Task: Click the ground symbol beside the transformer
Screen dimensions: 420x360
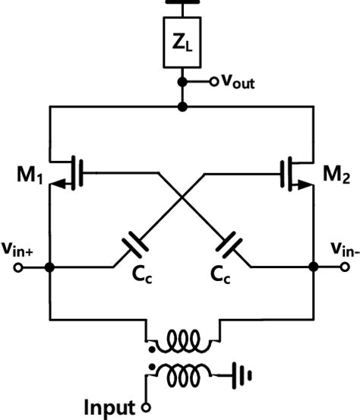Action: [x=243, y=374]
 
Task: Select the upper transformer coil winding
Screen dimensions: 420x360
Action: [x=181, y=341]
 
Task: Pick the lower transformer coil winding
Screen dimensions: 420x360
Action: [x=181, y=372]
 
